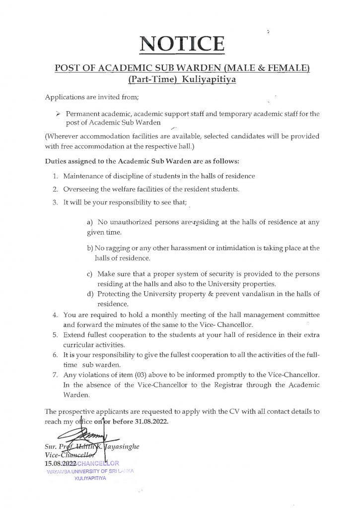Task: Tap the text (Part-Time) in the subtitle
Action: [x=147, y=78]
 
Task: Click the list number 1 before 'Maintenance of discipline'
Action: [x=55, y=176]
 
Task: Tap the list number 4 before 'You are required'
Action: [x=55, y=316]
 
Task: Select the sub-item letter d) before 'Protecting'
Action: [x=90, y=294]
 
